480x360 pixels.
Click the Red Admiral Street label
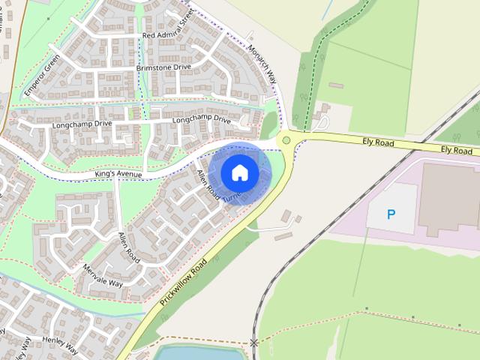coord(168,35)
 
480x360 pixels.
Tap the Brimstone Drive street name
coord(163,67)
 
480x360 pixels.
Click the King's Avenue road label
coord(119,174)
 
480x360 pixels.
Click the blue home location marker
coord(239,172)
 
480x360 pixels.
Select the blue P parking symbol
coord(391,214)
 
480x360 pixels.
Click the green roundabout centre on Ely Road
coord(286,139)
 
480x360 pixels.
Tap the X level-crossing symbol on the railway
coord(254,343)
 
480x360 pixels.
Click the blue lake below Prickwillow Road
coord(191,352)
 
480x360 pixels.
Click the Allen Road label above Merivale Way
coord(129,247)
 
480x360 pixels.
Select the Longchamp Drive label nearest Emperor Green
coord(82,124)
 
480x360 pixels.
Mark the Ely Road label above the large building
coord(456,150)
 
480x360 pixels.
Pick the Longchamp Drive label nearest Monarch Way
coord(201,119)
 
